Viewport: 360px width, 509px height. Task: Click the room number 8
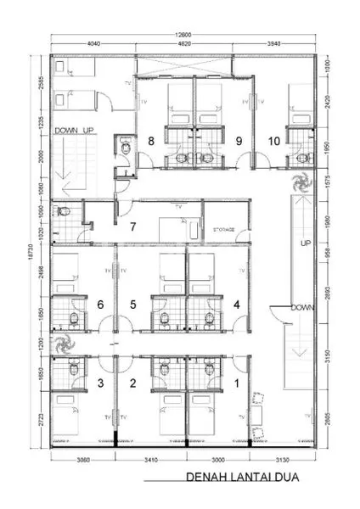point(151,141)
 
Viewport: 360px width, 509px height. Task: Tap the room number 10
point(275,141)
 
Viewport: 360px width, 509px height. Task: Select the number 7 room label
point(132,227)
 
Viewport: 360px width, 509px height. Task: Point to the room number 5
point(132,304)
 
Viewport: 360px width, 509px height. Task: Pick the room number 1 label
point(236,383)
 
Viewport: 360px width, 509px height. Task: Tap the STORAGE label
point(224,229)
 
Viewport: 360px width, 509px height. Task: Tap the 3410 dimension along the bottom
point(149,460)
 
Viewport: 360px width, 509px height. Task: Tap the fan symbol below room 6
point(62,345)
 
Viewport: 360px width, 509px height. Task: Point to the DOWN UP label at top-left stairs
point(74,131)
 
